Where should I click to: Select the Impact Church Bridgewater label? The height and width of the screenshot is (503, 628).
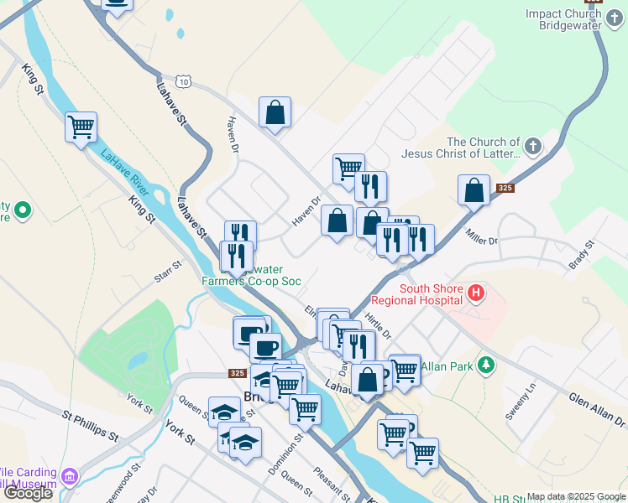[564, 19]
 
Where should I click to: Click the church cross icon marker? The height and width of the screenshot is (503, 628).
[532, 148]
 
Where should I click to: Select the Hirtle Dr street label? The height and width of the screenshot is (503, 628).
[379, 325]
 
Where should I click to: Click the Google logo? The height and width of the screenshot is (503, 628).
[28, 493]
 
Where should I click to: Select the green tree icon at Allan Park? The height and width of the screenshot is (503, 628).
[485, 366]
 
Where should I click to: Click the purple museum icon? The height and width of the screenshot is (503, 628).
[70, 477]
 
